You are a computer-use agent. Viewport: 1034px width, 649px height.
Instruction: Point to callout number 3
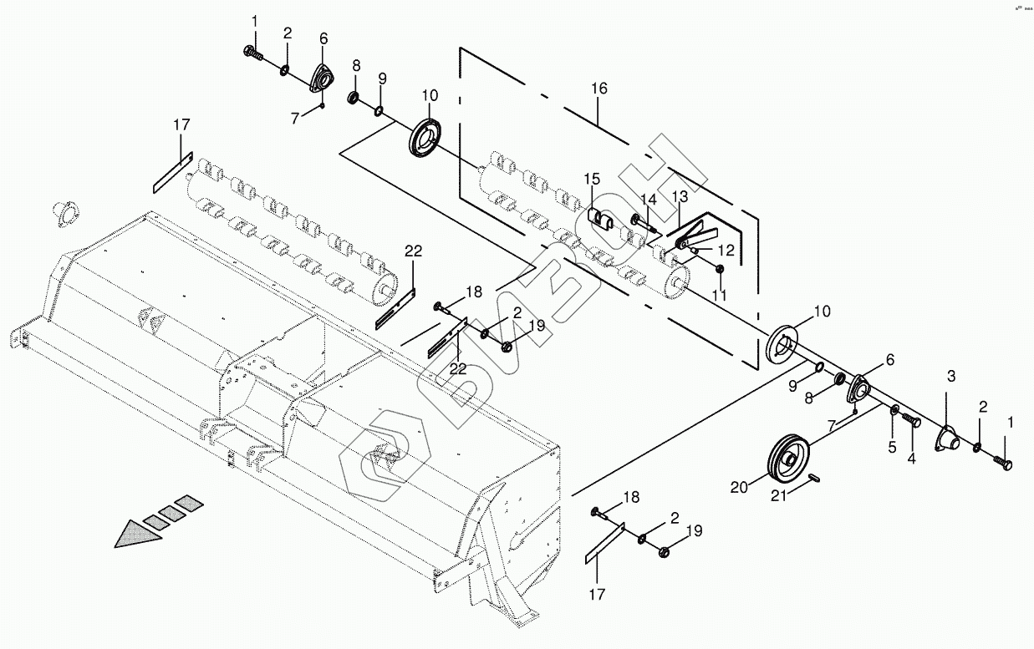pyautogui.click(x=950, y=376)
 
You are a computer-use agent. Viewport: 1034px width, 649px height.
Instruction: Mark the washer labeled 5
pyautogui.click(x=894, y=410)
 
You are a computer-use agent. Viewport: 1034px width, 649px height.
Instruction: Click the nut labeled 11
pyautogui.click(x=720, y=268)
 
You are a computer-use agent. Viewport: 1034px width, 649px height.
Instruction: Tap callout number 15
pyautogui.click(x=592, y=179)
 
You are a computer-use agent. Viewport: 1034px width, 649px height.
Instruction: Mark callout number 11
pyautogui.click(x=719, y=295)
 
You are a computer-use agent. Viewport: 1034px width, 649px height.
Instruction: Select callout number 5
pyautogui.click(x=892, y=448)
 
